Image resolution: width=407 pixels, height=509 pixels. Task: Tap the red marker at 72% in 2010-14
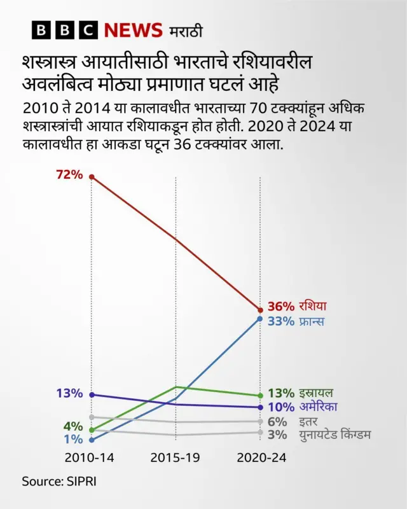92,176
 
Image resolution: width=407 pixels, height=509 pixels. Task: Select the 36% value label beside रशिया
281,307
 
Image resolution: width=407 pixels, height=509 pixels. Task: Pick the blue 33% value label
281,321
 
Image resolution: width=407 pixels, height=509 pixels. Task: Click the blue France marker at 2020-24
259,318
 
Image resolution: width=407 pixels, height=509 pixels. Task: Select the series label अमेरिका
318,407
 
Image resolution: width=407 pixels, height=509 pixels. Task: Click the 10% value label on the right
281,407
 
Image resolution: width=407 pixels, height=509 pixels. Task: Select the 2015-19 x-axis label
176,458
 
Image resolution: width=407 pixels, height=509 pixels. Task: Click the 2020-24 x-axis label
261,458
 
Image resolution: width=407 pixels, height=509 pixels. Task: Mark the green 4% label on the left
73,426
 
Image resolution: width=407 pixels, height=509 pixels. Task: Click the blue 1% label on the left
73,439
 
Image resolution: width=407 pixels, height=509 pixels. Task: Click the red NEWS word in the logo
133,30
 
